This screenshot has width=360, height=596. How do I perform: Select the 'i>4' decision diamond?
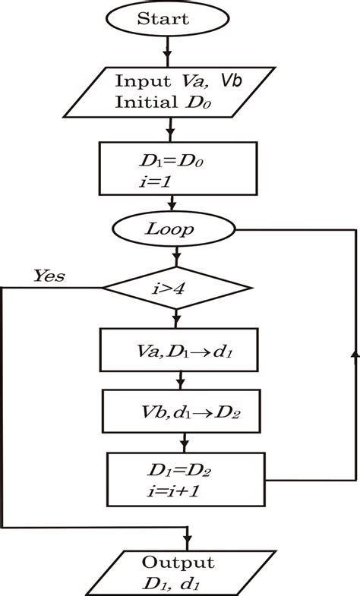pyautogui.click(x=176, y=288)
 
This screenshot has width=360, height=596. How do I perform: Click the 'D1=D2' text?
pyautogui.click(x=181, y=471)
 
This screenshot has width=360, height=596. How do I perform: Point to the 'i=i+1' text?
pyautogui.click(x=173, y=491)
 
